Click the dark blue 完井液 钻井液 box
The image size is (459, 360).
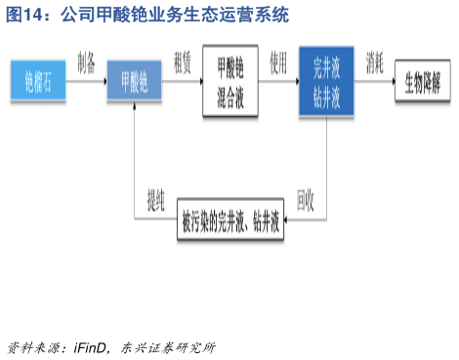click(x=326, y=81)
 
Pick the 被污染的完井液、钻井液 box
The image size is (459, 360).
click(x=231, y=221)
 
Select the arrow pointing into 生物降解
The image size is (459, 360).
click(x=377, y=82)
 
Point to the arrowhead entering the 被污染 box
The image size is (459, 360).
click(x=290, y=221)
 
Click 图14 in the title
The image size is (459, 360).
click(x=27, y=15)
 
